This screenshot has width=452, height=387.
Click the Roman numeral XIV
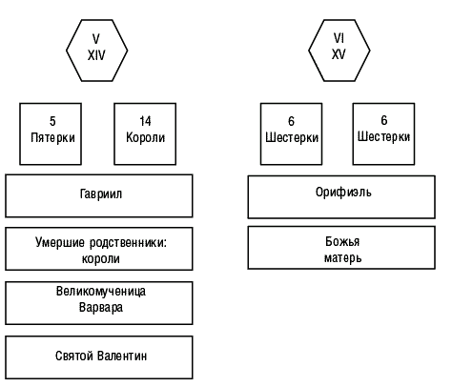[x=96, y=55]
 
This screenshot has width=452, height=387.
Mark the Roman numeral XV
[x=339, y=54]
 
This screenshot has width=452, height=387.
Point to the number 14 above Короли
[x=145, y=121]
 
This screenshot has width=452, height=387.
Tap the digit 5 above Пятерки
[x=52, y=121]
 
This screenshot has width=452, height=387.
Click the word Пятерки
[x=52, y=138]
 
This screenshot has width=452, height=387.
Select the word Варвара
[x=101, y=308]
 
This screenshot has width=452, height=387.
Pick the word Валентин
[x=122, y=356]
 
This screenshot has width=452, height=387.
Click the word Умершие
[x=60, y=243]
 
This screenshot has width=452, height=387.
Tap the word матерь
[x=342, y=257]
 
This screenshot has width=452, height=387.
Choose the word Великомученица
[x=101, y=292]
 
